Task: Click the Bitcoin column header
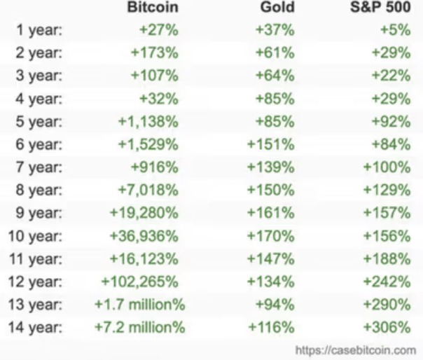click(153, 8)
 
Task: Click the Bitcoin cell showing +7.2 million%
click(139, 327)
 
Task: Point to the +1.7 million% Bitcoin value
click(139, 305)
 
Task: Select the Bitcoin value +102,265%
click(140, 282)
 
